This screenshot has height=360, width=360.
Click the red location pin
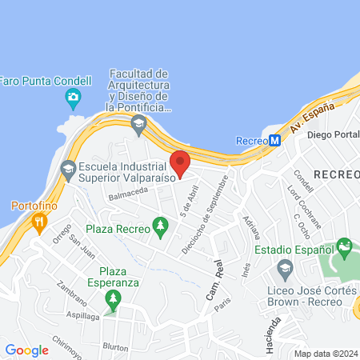click(181, 163)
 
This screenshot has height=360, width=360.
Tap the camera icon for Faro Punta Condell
click(74, 99)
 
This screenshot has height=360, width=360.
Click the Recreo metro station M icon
click(275, 140)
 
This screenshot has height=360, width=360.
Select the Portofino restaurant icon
click(38, 223)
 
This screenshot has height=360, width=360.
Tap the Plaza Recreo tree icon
click(160, 228)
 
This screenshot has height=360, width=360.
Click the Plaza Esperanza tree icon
click(113, 300)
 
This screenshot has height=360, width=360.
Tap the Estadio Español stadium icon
click(344, 247)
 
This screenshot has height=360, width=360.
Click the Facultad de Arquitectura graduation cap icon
click(139, 124)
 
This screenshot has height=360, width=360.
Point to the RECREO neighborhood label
click(336, 174)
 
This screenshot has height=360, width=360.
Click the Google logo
click(26, 350)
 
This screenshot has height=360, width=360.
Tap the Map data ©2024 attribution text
click(325, 354)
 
